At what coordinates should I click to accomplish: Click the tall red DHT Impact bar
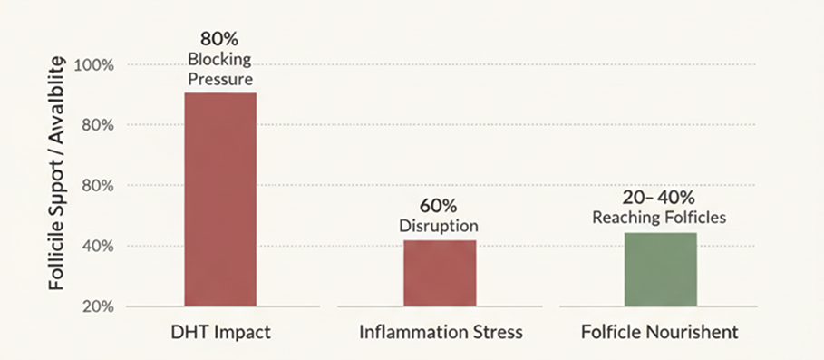click(220, 199)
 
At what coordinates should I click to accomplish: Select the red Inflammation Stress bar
click(440, 273)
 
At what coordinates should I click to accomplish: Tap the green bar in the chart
click(661, 269)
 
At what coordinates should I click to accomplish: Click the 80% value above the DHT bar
click(219, 39)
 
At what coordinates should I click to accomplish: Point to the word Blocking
click(219, 59)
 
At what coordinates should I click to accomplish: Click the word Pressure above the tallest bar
click(220, 80)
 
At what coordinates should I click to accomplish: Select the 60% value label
click(438, 206)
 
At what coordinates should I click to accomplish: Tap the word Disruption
click(439, 226)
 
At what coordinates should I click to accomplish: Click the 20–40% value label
click(659, 198)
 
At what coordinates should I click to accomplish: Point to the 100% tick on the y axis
click(94, 65)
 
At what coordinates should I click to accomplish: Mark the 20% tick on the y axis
click(98, 306)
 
